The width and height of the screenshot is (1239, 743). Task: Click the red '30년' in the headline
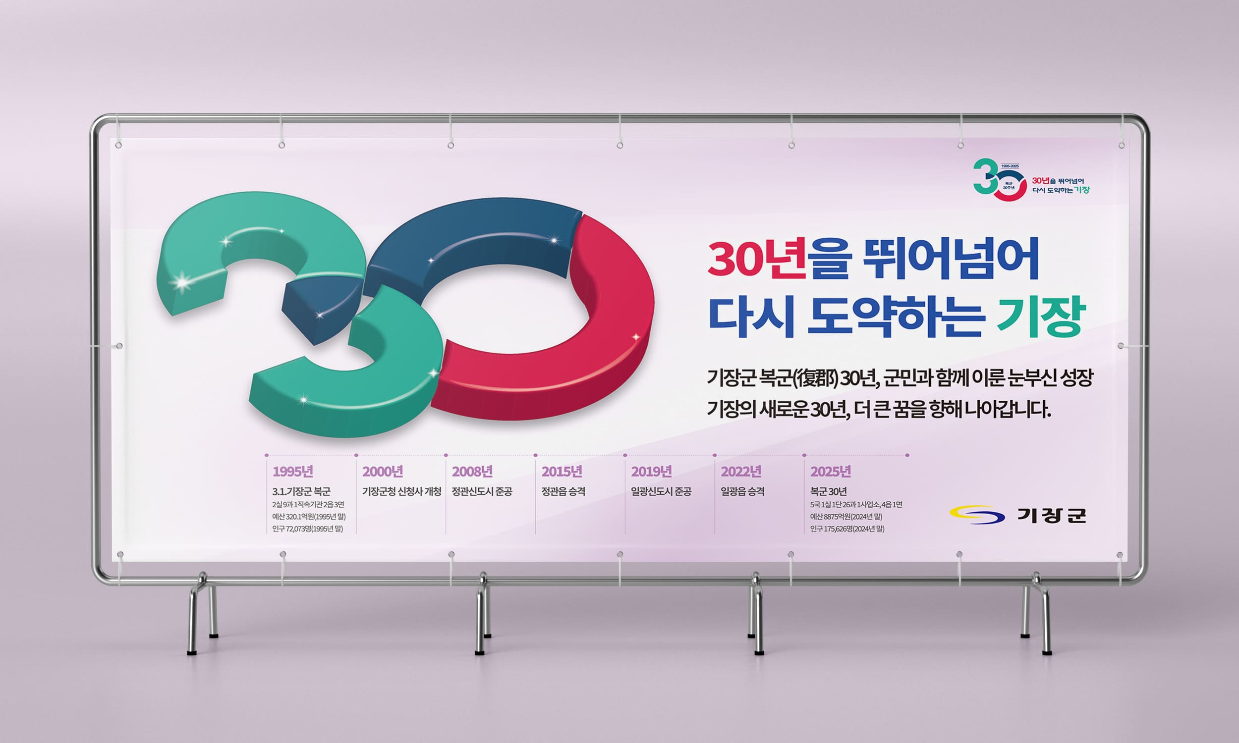[x=757, y=259]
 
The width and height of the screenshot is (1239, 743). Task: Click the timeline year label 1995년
[x=293, y=471]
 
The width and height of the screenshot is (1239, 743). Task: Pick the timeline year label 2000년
[x=383, y=471]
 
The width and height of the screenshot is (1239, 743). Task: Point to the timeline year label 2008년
[x=472, y=471]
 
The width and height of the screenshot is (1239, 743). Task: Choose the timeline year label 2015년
[x=562, y=471]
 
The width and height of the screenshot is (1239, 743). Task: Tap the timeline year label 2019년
[x=652, y=471]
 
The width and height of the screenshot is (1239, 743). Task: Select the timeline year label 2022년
[x=741, y=471]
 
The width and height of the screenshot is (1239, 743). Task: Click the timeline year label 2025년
[x=831, y=471]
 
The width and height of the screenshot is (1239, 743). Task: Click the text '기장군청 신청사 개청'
[x=401, y=491]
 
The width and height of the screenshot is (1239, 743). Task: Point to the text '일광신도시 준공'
[x=661, y=491]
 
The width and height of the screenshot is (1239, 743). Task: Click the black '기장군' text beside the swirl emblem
[x=1051, y=515]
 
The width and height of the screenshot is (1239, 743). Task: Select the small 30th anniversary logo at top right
[x=1031, y=180]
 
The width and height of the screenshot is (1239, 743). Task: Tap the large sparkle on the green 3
[x=181, y=282]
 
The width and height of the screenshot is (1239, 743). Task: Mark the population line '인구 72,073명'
[x=307, y=529]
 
